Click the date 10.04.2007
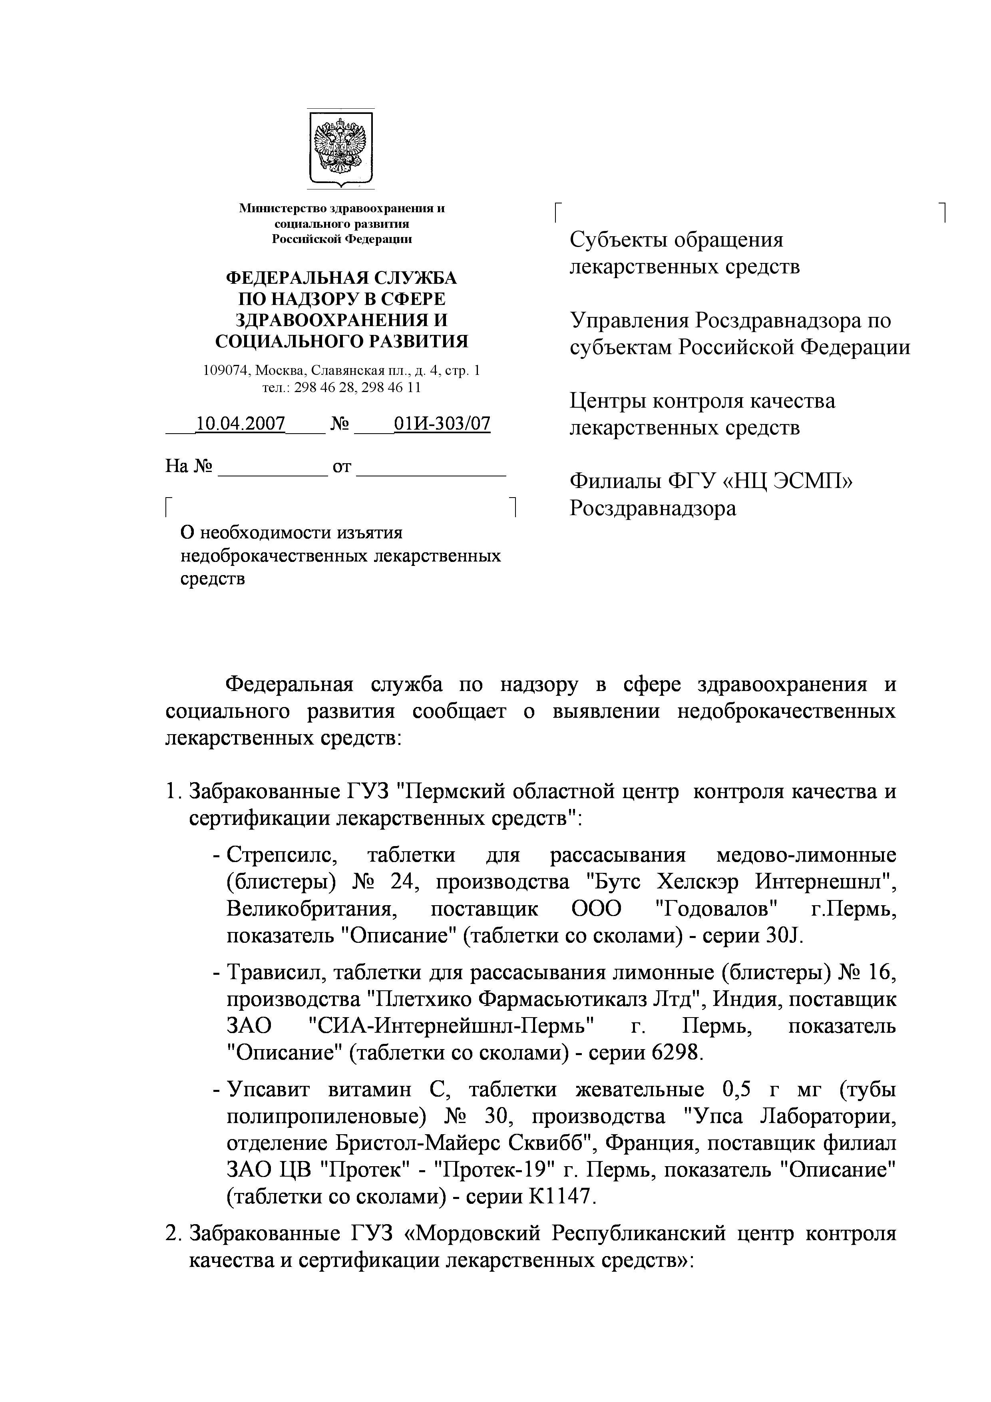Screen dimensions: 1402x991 pos(240,424)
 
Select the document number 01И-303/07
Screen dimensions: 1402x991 pos(442,424)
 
